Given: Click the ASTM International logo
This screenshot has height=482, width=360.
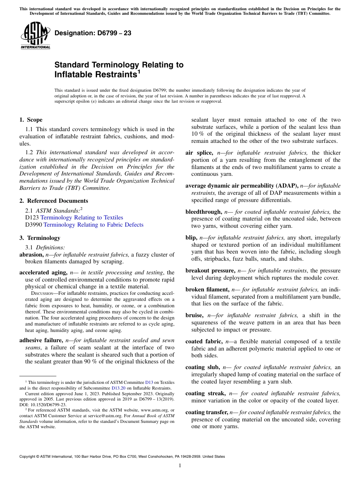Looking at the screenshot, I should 35,36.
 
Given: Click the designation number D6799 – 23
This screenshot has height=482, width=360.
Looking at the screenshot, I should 93,33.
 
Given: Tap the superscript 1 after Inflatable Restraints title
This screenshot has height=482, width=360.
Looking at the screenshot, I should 139,72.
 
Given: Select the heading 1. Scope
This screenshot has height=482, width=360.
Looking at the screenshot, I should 31,120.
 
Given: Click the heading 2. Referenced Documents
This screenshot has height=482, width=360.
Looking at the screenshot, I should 53,201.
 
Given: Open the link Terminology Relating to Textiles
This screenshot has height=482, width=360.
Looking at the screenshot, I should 81,218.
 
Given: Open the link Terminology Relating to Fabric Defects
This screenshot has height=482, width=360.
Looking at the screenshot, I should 93,225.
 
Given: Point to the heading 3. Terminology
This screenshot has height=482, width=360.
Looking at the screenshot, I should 39,238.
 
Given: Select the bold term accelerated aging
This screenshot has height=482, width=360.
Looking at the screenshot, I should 44,272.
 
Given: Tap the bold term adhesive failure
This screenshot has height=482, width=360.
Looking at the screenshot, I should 41,340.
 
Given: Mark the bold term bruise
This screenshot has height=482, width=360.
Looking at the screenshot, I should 194,315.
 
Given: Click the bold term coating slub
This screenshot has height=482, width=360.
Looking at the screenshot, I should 202,367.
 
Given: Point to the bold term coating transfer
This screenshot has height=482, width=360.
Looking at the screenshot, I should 207,412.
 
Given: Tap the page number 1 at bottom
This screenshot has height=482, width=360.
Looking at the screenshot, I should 180,466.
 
